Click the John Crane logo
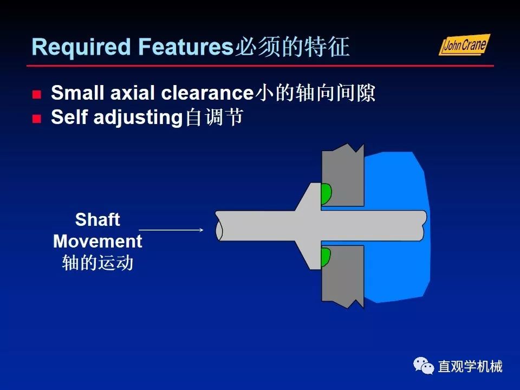point(464,45)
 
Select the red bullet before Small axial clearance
point(36,95)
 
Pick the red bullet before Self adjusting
point(36,119)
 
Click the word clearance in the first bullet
point(207,94)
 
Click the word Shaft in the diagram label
point(97,220)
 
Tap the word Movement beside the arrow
point(97,241)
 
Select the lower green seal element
point(326,257)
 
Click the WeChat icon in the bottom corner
point(424,366)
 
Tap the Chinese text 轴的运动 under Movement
point(97,263)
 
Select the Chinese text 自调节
point(213,118)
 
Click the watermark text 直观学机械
point(470,367)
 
